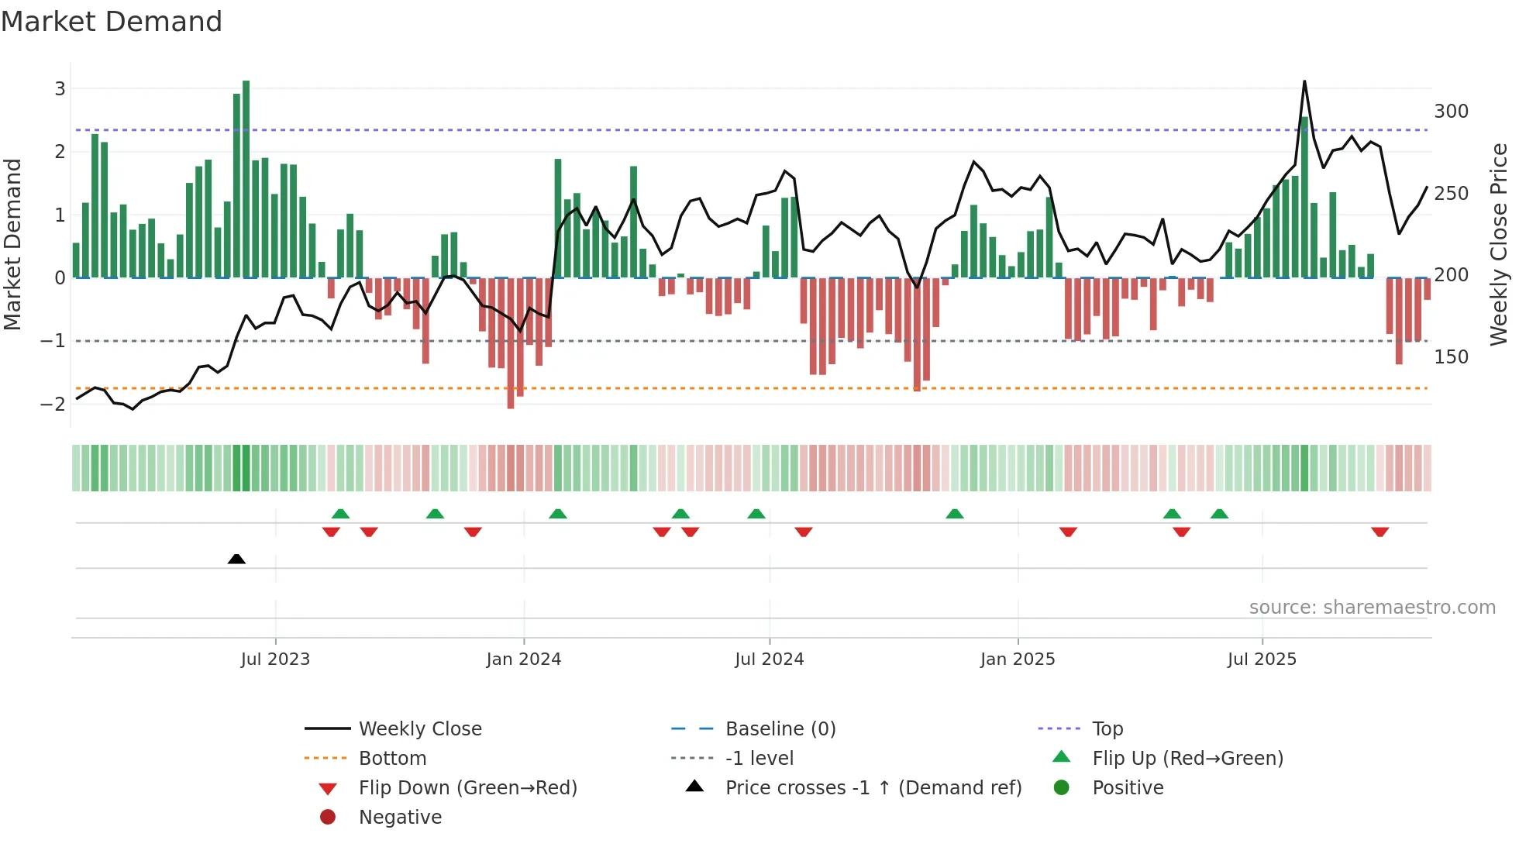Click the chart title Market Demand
[112, 22]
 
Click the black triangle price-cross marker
[236, 559]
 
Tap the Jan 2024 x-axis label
[523, 659]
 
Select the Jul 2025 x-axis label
[1261, 659]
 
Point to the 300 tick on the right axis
[1451, 112]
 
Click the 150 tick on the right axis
[1451, 357]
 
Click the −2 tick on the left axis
[53, 404]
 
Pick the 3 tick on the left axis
[60, 88]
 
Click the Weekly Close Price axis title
[1499, 244]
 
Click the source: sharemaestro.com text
[1372, 608]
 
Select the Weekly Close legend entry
[419, 729]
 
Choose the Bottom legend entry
[392, 759]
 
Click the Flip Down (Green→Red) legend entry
[467, 788]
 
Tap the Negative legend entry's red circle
[328, 818]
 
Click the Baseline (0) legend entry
[780, 729]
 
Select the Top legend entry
[1107, 729]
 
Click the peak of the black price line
[1304, 81]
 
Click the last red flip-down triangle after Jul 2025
[1379, 532]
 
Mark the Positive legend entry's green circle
[1062, 788]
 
